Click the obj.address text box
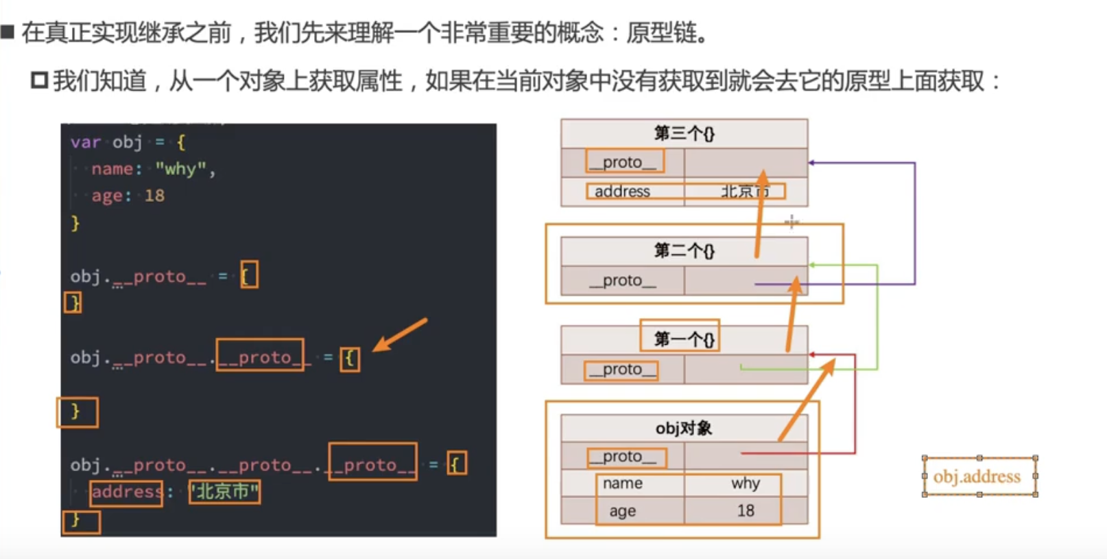[979, 477]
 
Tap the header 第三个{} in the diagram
[685, 133]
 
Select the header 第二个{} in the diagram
[685, 251]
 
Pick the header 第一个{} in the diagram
[685, 339]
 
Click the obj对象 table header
[685, 428]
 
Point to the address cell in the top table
[623, 192]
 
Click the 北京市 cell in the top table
[746, 192]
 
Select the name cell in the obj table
[623, 483]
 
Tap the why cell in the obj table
[746, 483]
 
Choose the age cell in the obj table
[623, 510]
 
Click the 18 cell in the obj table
[746, 510]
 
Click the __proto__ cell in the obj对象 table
[623, 456]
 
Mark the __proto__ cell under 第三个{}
[623, 162]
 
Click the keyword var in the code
[86, 142]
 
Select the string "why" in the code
[181, 169]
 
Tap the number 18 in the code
[155, 196]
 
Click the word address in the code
[127, 492]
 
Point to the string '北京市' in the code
[225, 492]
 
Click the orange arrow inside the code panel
[400, 335]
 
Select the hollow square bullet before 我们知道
[39, 80]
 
